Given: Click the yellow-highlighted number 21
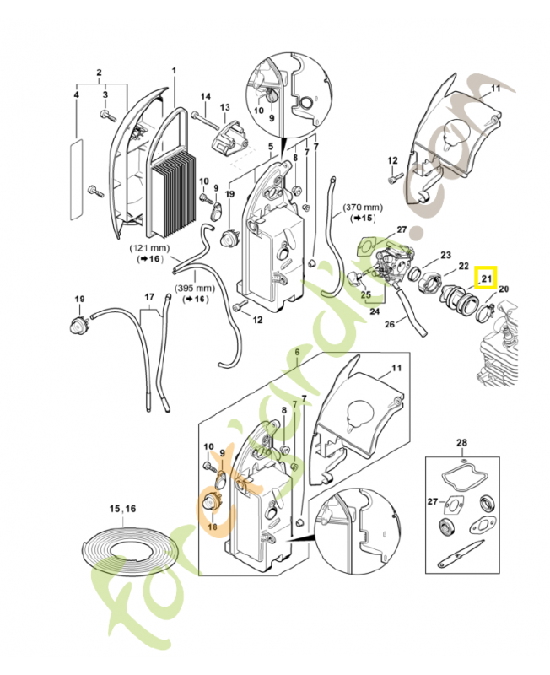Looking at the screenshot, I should pos(486,277).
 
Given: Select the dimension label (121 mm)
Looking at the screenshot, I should pos(148,249).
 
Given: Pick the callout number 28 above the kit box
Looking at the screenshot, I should pos(461,442).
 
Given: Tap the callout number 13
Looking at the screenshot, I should pos(225,107).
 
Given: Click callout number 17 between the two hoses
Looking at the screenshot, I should pos(149,297).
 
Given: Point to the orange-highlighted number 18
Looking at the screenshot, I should pos(213,526).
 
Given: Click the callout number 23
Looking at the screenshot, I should pos(445,255).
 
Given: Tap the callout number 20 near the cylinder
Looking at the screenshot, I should pos(504,289).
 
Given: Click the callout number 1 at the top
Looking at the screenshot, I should pos(175,70).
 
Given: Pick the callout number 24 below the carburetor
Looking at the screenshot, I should pos(372,310).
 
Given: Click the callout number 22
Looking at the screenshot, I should pos(463,266).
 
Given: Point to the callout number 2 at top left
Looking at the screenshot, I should pos(99,72).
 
